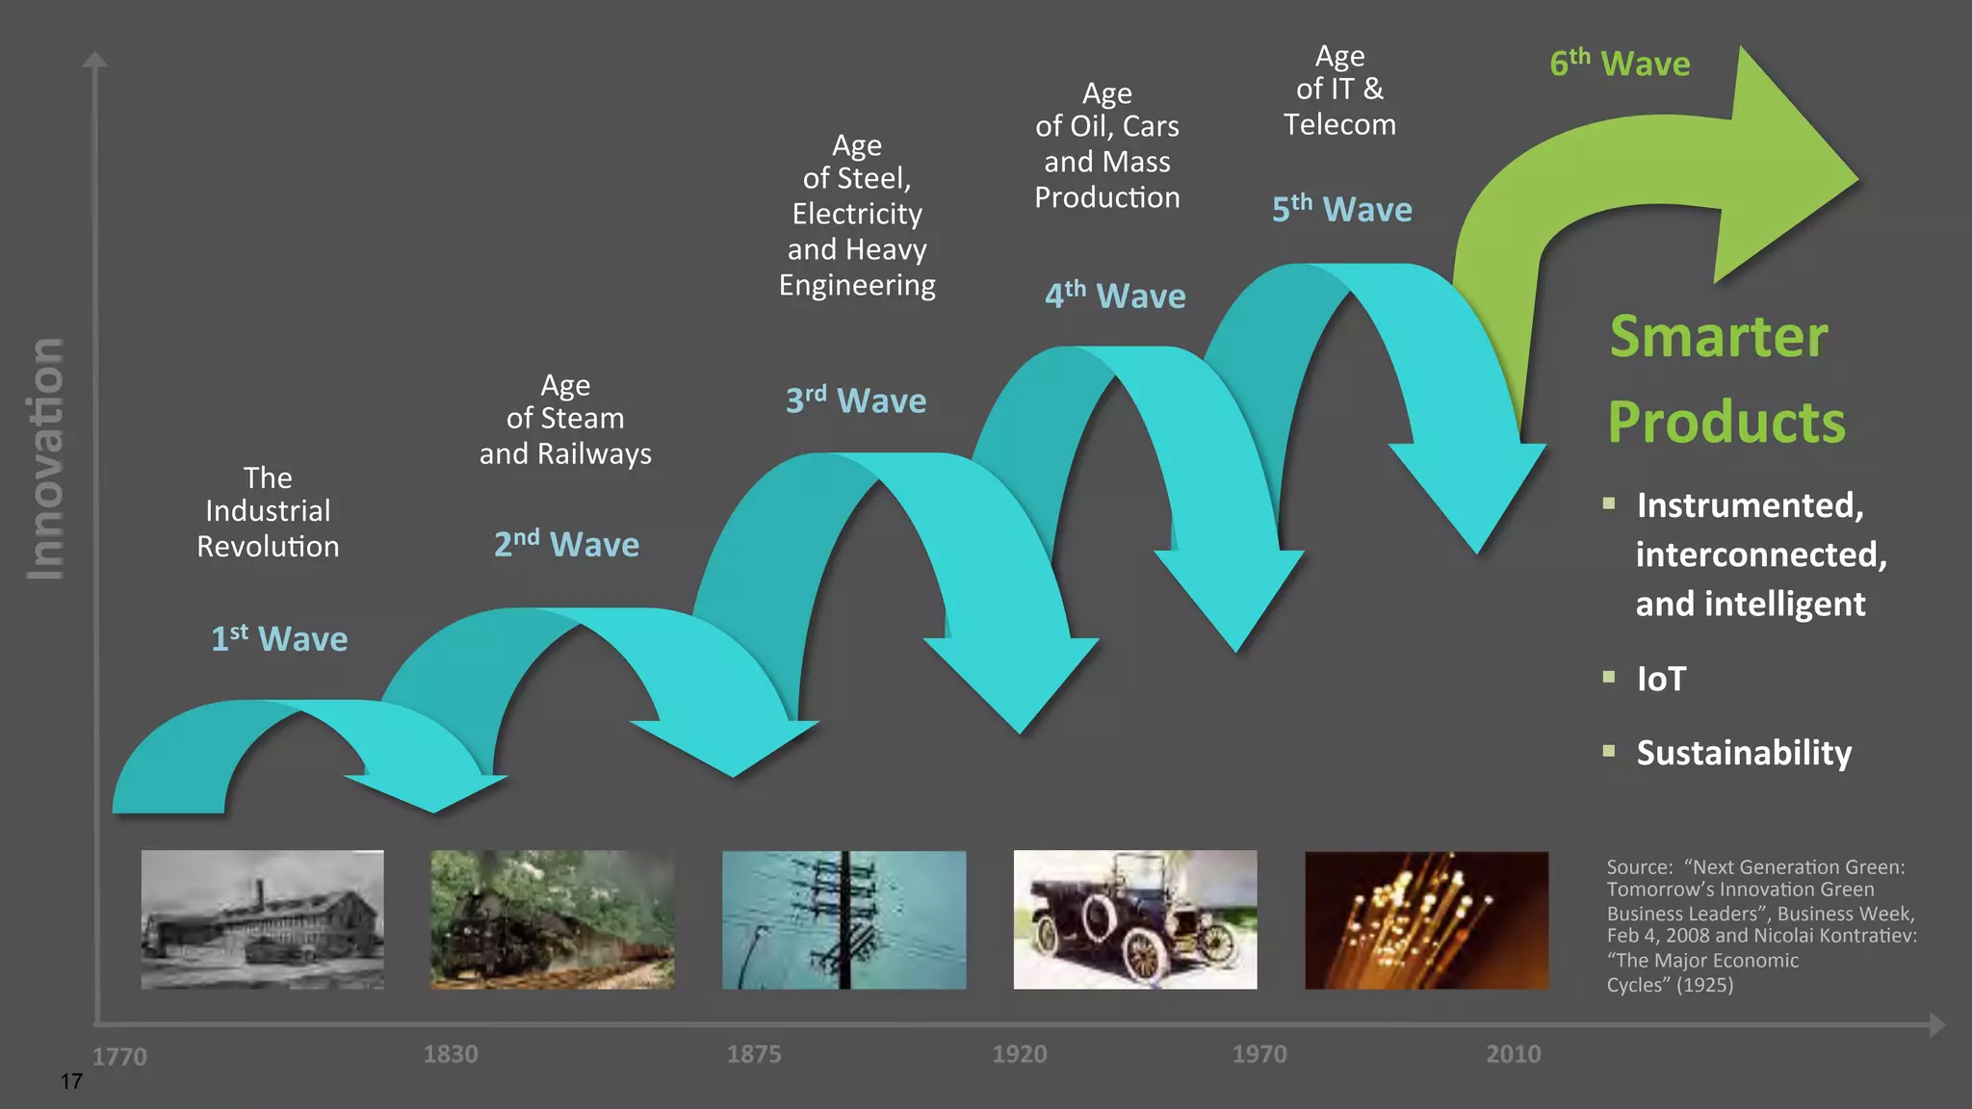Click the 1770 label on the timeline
pos(119,1056)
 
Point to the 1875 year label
pos(754,1054)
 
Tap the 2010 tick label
pos(1513,1054)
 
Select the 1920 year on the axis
pos(1020,1054)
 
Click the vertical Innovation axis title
pos(45,459)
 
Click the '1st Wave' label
pos(279,639)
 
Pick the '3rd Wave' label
pos(855,400)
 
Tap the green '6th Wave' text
pos(1620,64)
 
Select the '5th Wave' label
pos(1341,210)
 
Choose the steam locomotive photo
pos(552,919)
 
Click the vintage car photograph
pos(1135,919)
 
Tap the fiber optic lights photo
pos(1426,919)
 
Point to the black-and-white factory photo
pos(262,919)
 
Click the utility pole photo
pos(843,919)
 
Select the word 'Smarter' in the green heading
pos(1719,337)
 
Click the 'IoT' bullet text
pos(1661,679)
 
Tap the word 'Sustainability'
pos(1744,753)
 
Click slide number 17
pos(71,1081)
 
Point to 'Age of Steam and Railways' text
pos(565,420)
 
